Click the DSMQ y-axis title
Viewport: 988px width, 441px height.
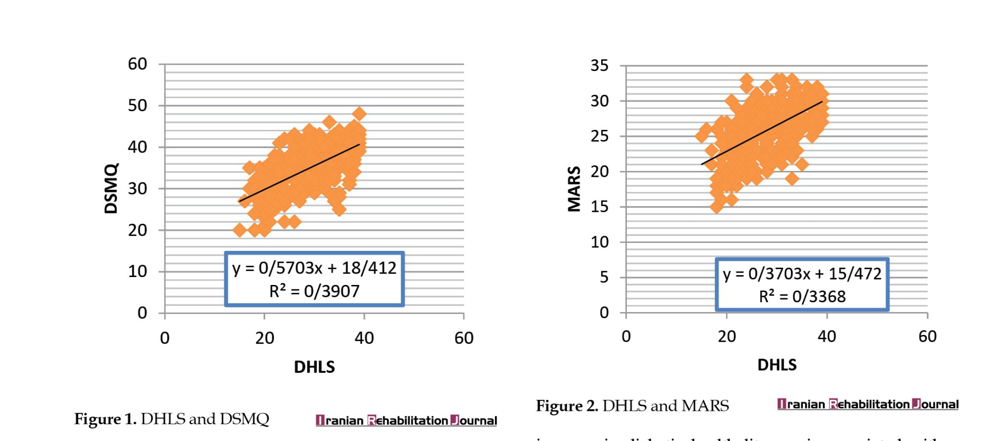(112, 188)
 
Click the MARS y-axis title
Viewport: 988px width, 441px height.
(574, 189)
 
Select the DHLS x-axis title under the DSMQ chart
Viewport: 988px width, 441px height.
(314, 367)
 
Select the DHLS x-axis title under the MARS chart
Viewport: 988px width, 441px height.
(777, 365)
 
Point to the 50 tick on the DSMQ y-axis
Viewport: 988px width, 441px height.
(137, 105)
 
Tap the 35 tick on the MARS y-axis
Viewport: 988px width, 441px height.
(600, 65)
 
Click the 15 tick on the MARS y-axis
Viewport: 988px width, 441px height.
(600, 206)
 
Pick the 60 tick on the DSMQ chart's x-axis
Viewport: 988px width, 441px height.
(464, 338)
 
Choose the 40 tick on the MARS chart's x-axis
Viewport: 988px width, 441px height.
(827, 336)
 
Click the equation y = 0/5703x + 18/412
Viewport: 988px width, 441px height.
(314, 268)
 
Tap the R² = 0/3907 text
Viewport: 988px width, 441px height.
(314, 291)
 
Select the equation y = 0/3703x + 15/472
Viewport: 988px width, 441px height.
(802, 274)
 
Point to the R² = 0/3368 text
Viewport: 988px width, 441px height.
(802, 296)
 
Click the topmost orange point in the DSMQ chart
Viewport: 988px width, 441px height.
(359, 114)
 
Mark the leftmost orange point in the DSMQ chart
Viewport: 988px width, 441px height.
(240, 230)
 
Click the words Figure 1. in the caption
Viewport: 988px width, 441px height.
(105, 419)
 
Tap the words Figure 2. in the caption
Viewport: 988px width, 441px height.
(567, 406)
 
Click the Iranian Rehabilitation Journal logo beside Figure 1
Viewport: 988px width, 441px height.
(406, 420)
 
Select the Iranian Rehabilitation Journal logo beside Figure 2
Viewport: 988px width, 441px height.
(867, 404)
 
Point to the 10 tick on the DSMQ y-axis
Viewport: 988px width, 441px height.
(137, 271)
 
